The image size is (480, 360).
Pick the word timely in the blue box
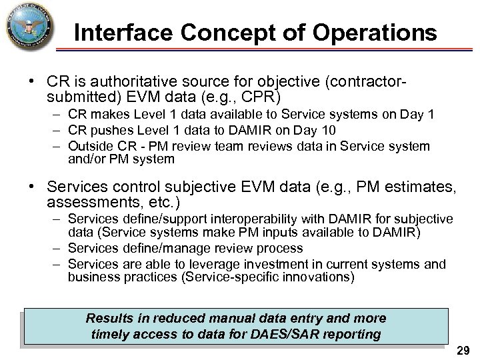coord(109,333)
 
